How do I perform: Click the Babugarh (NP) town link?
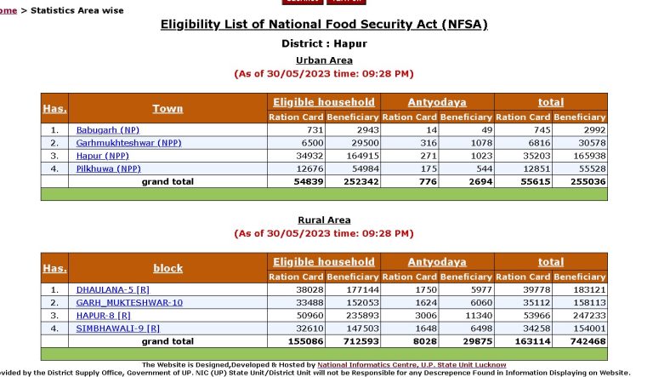[108, 129]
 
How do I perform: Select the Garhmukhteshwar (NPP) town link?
[128, 143]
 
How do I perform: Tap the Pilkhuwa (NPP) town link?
[109, 169]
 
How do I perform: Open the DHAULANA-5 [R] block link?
[113, 289]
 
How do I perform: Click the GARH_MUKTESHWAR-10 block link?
[129, 302]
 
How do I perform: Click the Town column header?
[168, 109]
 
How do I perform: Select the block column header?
[168, 268]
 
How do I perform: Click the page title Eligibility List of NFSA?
[324, 25]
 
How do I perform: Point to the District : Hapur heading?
[324, 43]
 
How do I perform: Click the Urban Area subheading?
[324, 60]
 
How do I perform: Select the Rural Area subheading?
[324, 220]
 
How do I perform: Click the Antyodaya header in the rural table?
[437, 262]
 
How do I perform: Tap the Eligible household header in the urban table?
[324, 102]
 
